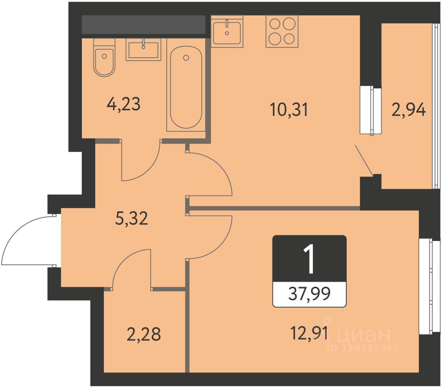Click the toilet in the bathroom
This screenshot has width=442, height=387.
coord(104,58)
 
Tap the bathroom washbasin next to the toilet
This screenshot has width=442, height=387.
coord(143,50)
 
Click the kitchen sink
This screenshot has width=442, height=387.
coord(227,31)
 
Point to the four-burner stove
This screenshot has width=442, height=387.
coord(282,31)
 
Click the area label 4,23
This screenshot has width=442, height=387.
coord(123,104)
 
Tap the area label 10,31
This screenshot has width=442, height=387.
coord(289,110)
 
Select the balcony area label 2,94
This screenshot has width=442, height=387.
coord(409,110)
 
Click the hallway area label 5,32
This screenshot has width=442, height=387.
coord(131,218)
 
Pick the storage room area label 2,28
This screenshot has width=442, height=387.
coord(144,334)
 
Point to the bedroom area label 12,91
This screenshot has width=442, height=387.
coord(309,334)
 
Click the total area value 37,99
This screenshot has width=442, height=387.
coord(309,294)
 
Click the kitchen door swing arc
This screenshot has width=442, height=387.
coord(220,166)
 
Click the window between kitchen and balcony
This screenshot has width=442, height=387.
coord(371,110)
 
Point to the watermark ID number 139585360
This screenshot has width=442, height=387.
coord(363,348)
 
